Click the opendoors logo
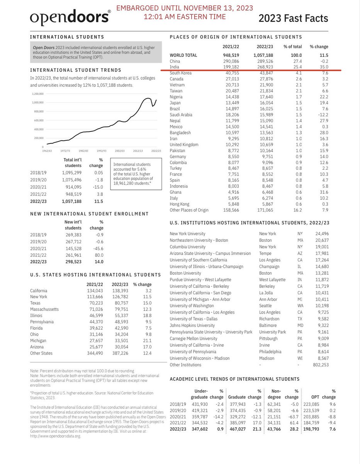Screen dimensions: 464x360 pos(70,18)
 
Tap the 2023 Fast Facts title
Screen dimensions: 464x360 pos(293,18)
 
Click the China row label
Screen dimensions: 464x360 pos(175,61)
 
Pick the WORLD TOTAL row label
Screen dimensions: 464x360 pos(184,56)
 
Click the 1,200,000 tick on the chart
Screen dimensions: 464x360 pos(38,94)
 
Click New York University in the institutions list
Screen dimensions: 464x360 pos(187,234)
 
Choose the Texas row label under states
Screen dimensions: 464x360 pos(35,304)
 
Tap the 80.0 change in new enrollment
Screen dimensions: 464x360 pos(98,255)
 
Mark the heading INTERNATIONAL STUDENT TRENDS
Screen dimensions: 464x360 pos(75,70)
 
